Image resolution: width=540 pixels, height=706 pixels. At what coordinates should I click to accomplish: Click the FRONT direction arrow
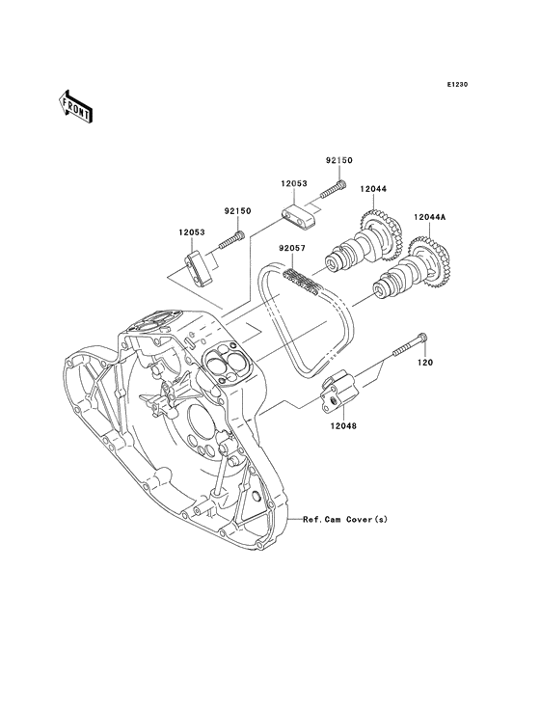(75, 107)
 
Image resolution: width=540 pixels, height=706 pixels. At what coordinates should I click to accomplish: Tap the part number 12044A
(430, 217)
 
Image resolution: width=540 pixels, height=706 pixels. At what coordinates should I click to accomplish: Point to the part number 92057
(291, 248)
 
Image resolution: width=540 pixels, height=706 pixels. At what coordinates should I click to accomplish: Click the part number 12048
(342, 425)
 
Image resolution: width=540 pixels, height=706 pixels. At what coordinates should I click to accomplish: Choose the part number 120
(424, 363)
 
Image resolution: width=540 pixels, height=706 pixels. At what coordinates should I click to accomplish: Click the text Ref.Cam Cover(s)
(344, 520)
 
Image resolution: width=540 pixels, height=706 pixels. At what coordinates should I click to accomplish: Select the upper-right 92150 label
(338, 160)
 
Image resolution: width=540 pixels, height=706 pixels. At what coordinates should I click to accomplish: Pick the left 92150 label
(237, 211)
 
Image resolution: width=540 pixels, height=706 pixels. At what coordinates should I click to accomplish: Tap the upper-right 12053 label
(294, 183)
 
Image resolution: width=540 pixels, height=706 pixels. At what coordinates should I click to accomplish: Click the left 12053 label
(191, 232)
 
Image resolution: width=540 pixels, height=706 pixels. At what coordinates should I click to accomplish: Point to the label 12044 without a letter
(373, 190)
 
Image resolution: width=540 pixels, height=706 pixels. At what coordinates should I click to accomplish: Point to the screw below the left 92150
(231, 239)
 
